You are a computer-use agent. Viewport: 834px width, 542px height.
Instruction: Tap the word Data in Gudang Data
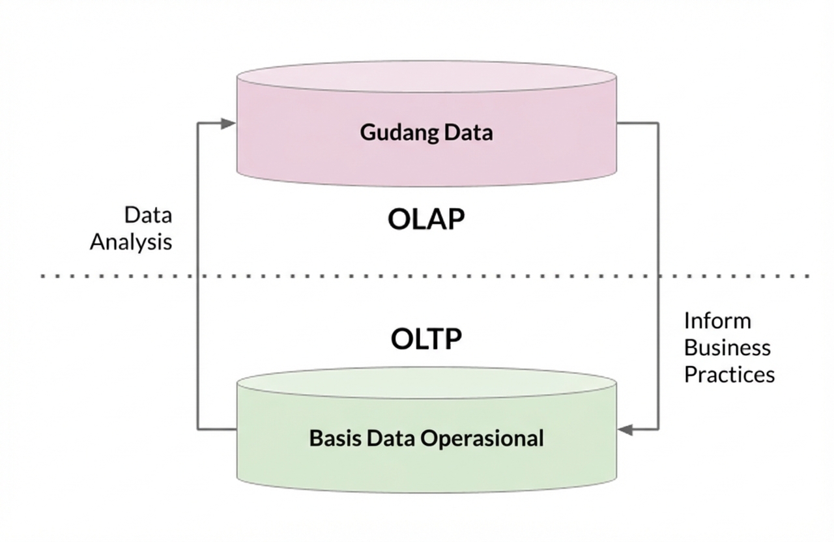[x=468, y=132]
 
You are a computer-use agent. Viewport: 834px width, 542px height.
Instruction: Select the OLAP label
[x=426, y=220]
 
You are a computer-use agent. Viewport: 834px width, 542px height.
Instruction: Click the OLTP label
[x=426, y=339]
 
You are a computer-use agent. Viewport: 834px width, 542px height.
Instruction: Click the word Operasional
[x=482, y=438]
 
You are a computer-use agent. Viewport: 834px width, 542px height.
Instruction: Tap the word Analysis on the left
[x=131, y=242]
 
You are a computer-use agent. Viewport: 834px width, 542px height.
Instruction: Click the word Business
[x=727, y=347]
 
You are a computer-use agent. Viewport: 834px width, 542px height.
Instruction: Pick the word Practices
[x=729, y=375]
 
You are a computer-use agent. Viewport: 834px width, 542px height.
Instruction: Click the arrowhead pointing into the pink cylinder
[x=228, y=123]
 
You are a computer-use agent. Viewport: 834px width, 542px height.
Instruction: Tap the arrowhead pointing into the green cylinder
[x=625, y=429]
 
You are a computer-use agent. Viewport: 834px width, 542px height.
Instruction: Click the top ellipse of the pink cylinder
[x=426, y=77]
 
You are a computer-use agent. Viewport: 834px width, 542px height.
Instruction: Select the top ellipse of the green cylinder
[x=426, y=383]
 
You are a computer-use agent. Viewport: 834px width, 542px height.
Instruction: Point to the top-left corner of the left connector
[x=198, y=123]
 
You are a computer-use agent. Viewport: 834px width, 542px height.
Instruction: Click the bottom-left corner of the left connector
[x=198, y=429]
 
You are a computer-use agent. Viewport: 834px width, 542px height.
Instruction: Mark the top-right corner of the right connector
[x=658, y=123]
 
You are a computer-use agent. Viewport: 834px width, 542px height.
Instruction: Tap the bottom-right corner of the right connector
[x=658, y=429]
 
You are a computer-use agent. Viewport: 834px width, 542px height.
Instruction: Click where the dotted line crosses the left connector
[x=198, y=276]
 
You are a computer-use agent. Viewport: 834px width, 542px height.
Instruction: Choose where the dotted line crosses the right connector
[x=658, y=276]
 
